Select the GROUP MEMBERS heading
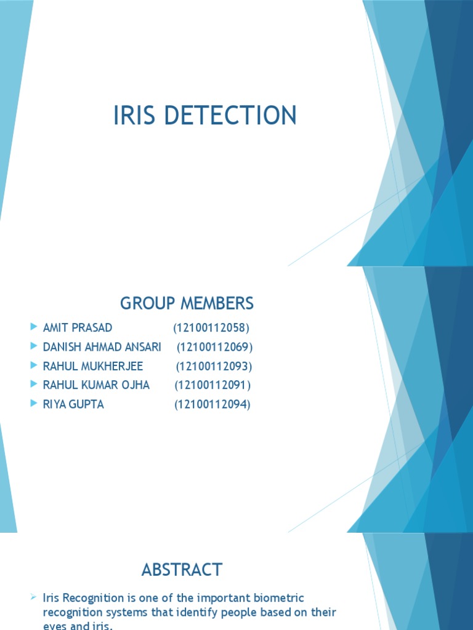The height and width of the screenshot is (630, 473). [x=187, y=303]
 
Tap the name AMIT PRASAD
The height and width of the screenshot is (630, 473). [x=78, y=327]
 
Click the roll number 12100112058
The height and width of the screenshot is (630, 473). [x=211, y=327]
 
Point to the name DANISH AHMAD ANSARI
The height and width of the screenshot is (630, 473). [x=102, y=347]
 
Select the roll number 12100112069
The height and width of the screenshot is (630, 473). [x=215, y=347]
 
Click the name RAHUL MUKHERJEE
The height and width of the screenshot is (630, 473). [x=93, y=366]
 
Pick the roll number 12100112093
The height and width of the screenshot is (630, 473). [x=214, y=366]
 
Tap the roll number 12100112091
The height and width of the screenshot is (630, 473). [x=212, y=385]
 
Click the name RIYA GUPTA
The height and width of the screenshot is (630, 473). [x=73, y=404]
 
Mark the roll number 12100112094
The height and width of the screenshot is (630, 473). [x=212, y=404]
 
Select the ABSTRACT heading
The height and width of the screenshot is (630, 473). [x=182, y=570]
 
